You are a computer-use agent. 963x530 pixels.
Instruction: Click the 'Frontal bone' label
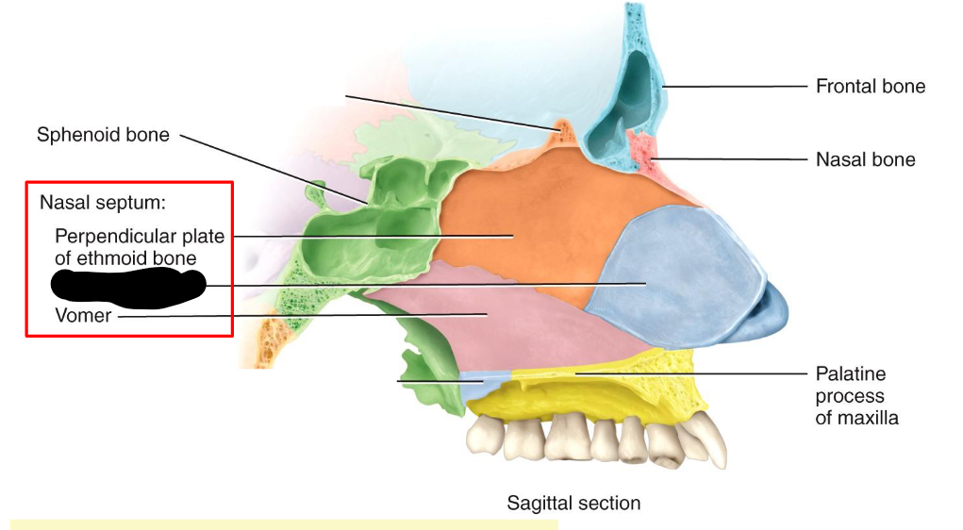[x=870, y=87]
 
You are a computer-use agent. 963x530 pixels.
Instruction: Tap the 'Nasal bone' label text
[x=865, y=159]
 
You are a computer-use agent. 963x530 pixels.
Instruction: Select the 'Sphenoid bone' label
[x=103, y=135]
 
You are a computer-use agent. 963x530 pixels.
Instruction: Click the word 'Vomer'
[x=83, y=316]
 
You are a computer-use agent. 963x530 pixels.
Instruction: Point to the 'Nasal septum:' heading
[x=102, y=203]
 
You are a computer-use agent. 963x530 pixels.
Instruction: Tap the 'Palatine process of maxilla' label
[x=856, y=396]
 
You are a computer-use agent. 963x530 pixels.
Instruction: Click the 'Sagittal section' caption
[x=573, y=503]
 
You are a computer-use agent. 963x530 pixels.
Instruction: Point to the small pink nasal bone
[x=642, y=151]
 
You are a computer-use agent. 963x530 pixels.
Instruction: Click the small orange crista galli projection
[x=563, y=130]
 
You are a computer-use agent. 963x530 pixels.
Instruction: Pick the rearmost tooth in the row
[x=486, y=436]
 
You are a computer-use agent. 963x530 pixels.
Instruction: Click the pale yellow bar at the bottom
[x=283, y=523]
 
